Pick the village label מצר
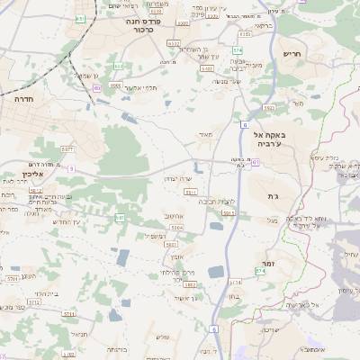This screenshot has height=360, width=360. (298, 103)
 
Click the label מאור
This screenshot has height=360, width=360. (204, 136)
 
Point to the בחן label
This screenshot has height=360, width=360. (231, 296)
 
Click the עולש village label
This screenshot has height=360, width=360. (163, 337)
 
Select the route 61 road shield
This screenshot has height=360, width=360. (256, 162)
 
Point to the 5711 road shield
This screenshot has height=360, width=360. (12, 279)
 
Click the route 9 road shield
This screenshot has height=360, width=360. (70, 168)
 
